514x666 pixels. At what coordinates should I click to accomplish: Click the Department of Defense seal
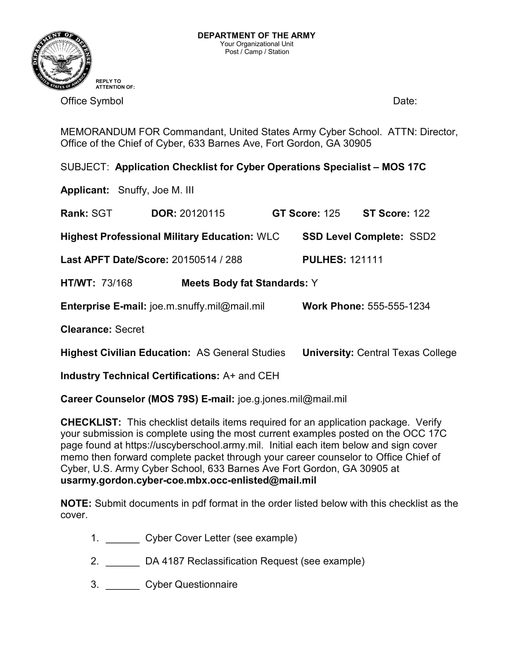pyautogui.click(x=61, y=61)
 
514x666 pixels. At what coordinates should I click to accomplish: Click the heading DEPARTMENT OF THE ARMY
pyautogui.click(x=256, y=36)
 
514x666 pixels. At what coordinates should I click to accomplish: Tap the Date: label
pyautogui.click(x=405, y=101)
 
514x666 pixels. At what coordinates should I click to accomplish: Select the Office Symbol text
pyautogui.click(x=92, y=101)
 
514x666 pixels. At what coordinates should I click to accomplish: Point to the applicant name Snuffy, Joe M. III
pyautogui.click(x=156, y=190)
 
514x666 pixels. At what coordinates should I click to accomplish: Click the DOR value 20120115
pyautogui.click(x=202, y=213)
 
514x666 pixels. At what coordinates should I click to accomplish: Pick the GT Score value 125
pyautogui.click(x=332, y=213)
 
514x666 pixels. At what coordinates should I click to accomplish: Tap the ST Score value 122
pyautogui.click(x=421, y=213)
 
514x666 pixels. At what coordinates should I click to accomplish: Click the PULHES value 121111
pyautogui.click(x=366, y=259)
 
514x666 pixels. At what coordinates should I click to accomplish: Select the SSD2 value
pyautogui.click(x=422, y=236)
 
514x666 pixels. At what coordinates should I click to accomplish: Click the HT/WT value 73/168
pyautogui.click(x=117, y=283)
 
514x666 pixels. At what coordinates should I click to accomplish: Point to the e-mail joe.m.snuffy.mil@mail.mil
pyautogui.click(x=207, y=306)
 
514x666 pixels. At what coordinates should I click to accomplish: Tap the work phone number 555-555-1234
pyautogui.click(x=399, y=306)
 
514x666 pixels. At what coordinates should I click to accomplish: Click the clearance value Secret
pyautogui.click(x=129, y=329)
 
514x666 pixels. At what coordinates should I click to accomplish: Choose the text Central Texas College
pyautogui.click(x=406, y=352)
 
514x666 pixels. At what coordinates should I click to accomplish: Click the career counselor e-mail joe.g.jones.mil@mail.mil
pyautogui.click(x=292, y=399)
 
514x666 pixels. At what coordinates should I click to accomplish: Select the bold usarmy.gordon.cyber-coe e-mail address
pyautogui.click(x=188, y=480)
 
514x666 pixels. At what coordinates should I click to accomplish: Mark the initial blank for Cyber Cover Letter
pyautogui.click(x=122, y=539)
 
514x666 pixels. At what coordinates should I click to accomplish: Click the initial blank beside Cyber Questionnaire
pyautogui.click(x=122, y=585)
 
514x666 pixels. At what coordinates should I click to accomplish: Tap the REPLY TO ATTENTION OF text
pyautogui.click(x=115, y=84)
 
